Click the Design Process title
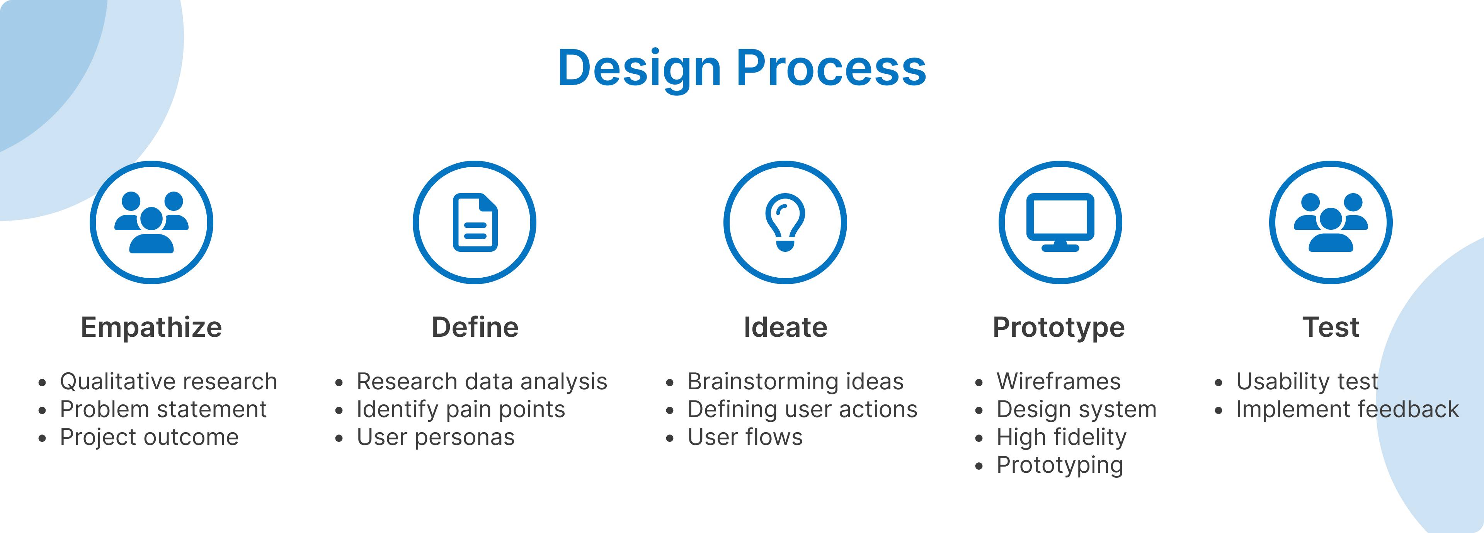pos(742,69)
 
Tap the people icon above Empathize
pos(151,222)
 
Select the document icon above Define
pos(475,222)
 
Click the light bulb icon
pos(785,222)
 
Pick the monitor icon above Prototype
pos(1060,222)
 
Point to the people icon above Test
pos(1331,222)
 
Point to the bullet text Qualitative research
pos(168,382)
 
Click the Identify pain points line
pos(461,410)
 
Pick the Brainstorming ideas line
pos(796,382)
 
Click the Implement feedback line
pos(1348,410)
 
